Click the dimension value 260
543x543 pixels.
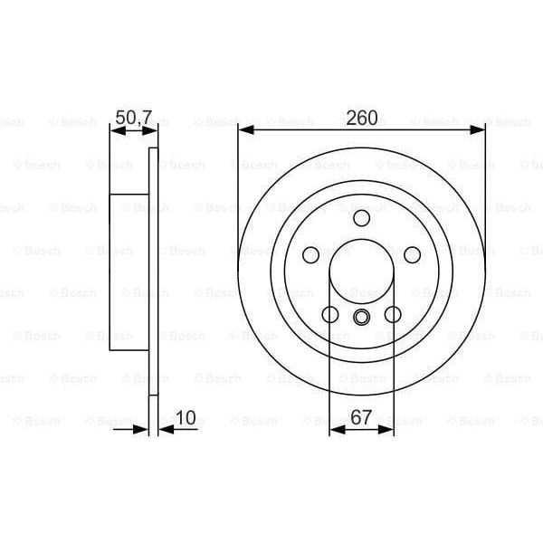click(x=362, y=118)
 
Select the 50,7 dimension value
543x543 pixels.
click(x=132, y=117)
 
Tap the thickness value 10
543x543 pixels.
click(x=186, y=417)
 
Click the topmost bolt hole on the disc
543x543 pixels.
click(x=362, y=217)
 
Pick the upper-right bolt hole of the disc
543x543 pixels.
click(x=412, y=254)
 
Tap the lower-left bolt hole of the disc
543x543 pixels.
click(x=330, y=314)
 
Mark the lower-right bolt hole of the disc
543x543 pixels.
click(x=393, y=314)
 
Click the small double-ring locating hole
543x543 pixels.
click(x=362, y=317)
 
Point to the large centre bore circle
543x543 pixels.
click(x=362, y=271)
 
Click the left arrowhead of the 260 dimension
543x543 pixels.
click(x=244, y=131)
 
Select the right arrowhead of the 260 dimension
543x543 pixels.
click(x=479, y=131)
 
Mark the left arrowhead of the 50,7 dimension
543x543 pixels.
click(x=115, y=131)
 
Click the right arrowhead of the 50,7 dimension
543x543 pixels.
click(x=153, y=131)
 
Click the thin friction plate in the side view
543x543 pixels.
click(x=154, y=271)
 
